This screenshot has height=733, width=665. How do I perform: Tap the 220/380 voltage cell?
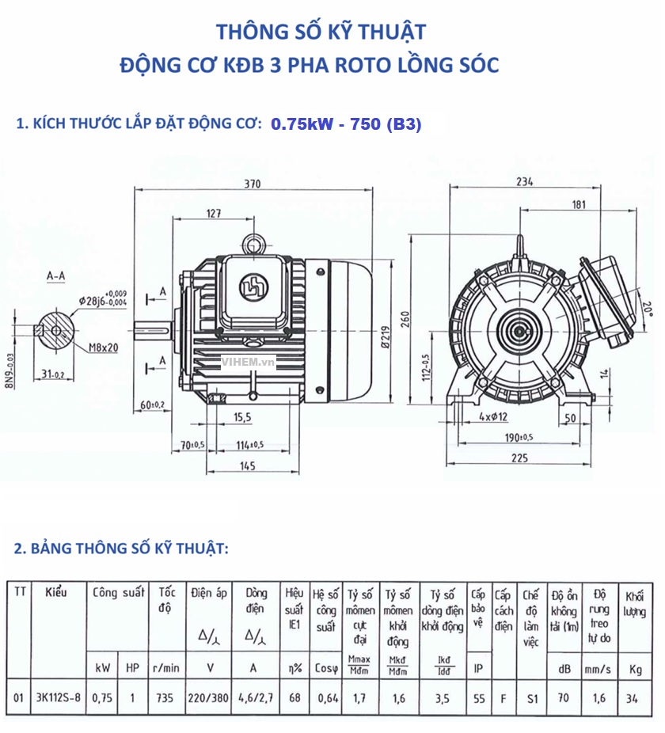pyautogui.click(x=210, y=698)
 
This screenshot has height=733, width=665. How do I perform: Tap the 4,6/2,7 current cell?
pyautogui.click(x=255, y=698)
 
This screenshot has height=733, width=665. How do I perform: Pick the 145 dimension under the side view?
pyautogui.click(x=247, y=466)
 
